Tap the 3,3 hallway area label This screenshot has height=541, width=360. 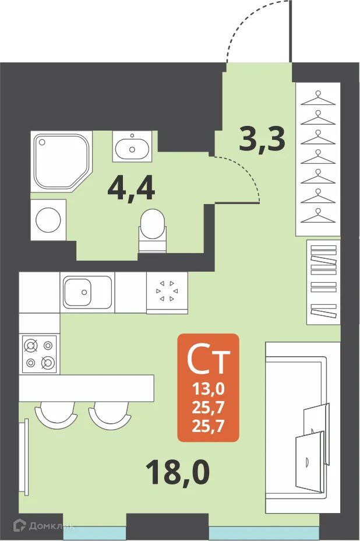pyautogui.click(x=263, y=139)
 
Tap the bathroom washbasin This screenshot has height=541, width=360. pyautogui.click(x=132, y=146)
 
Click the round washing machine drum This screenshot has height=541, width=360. pyautogui.click(x=48, y=220)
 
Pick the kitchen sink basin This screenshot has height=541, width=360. pyautogui.click(x=87, y=291)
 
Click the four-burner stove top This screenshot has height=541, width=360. pyautogui.click(x=39, y=354)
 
